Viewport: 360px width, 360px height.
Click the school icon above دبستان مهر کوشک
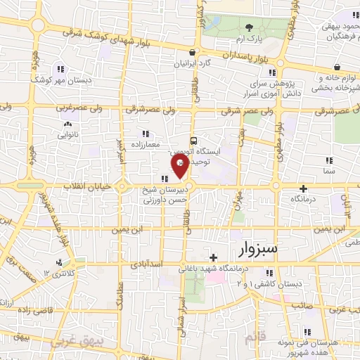[x=60, y=68]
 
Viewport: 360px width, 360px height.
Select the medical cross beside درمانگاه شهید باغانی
[x=213, y=257]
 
